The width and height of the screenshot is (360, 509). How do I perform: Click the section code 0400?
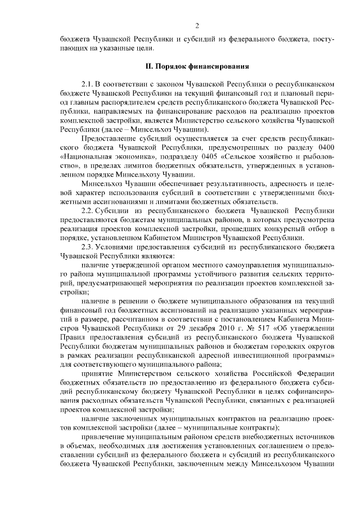(325, 147)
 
